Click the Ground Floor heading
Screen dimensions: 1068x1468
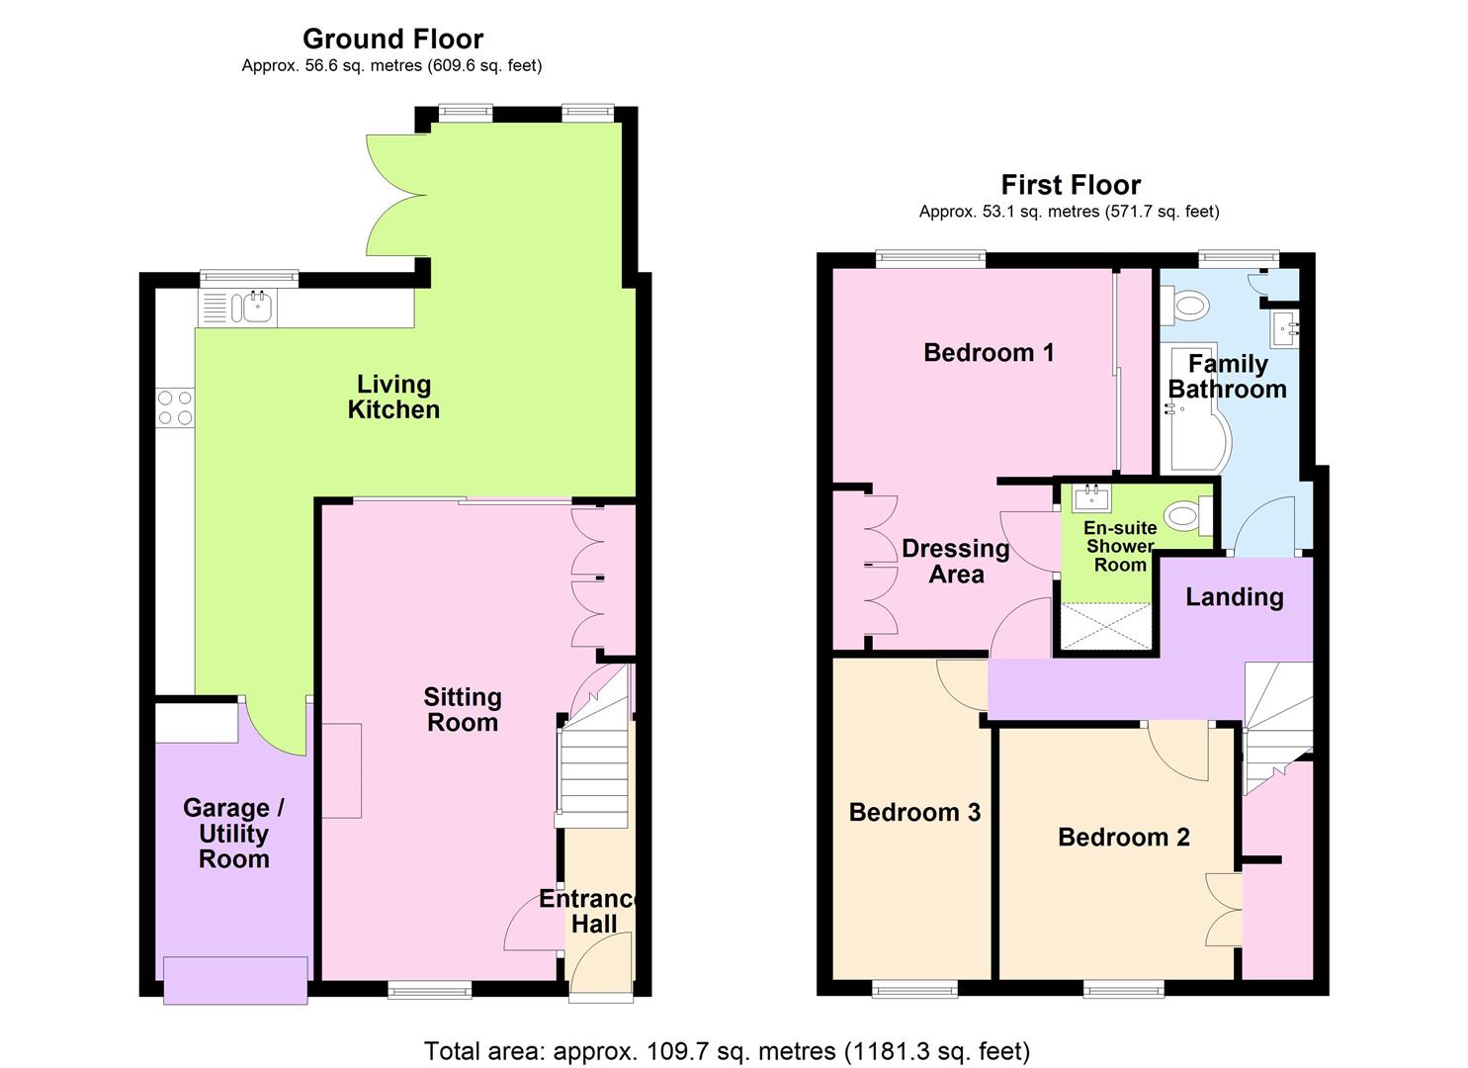(x=392, y=39)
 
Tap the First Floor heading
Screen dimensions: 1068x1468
(x=1071, y=185)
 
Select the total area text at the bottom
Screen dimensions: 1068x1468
(x=727, y=1050)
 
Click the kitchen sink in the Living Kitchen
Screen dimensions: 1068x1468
(x=255, y=308)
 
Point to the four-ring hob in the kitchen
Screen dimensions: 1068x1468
(x=175, y=408)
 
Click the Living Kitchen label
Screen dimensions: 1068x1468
(x=393, y=397)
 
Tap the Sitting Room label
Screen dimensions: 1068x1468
(x=463, y=710)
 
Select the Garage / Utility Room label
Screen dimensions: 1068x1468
(x=233, y=834)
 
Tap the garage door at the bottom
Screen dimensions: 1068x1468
(x=234, y=979)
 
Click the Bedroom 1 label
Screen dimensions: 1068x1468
(x=989, y=352)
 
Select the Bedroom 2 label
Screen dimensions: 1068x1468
(x=1123, y=838)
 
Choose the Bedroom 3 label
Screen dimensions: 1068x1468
(x=914, y=813)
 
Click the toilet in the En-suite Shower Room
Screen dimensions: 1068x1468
(x=1186, y=515)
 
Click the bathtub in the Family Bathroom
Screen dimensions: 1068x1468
(x=1195, y=409)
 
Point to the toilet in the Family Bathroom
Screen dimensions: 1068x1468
(x=1184, y=305)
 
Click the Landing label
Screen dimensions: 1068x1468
(x=1234, y=597)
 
